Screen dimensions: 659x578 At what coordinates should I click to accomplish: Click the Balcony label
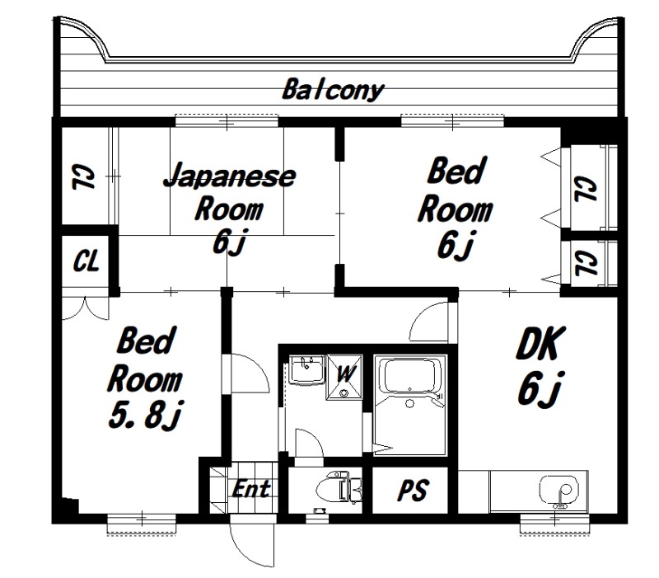pyautogui.click(x=333, y=90)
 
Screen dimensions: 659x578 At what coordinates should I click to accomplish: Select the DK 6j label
pyautogui.click(x=540, y=366)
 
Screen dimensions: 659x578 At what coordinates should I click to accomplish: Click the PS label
pyautogui.click(x=414, y=490)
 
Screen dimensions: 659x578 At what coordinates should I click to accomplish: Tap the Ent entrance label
pyautogui.click(x=251, y=489)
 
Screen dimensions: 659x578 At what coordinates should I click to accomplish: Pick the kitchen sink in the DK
pyautogui.click(x=560, y=490)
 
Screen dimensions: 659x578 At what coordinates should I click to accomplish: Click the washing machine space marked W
pyautogui.click(x=344, y=377)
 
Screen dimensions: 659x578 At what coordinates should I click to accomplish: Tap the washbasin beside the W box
pyautogui.click(x=306, y=369)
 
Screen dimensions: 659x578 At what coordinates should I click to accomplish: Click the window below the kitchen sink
pyautogui.click(x=554, y=524)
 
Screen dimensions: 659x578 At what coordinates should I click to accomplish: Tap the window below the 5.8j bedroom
pyautogui.click(x=142, y=524)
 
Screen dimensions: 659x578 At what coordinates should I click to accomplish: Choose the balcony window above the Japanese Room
pyautogui.click(x=227, y=121)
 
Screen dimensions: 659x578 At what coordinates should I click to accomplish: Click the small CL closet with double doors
pyautogui.click(x=86, y=261)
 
